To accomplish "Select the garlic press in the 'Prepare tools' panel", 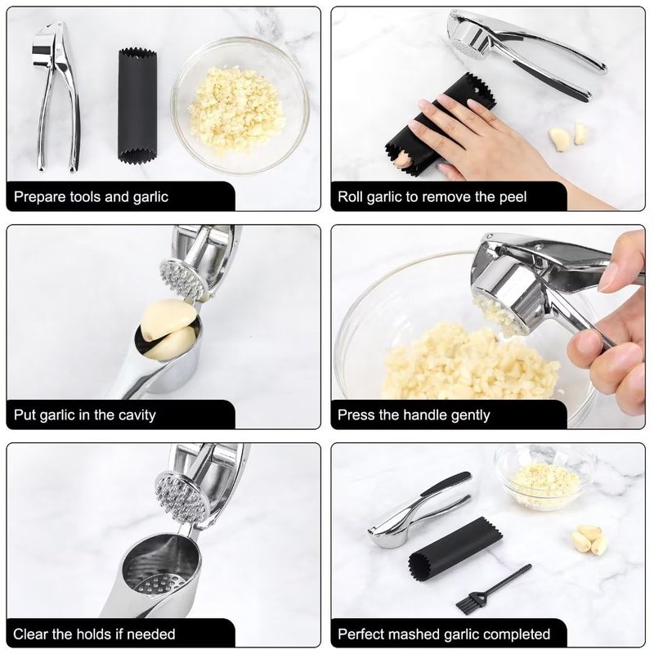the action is click(56, 96).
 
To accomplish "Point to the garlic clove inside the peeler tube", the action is click(401, 159).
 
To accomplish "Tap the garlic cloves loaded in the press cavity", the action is click(169, 329).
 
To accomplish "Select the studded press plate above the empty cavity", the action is click(181, 495).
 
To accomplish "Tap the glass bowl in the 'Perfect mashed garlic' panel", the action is click(544, 476).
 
